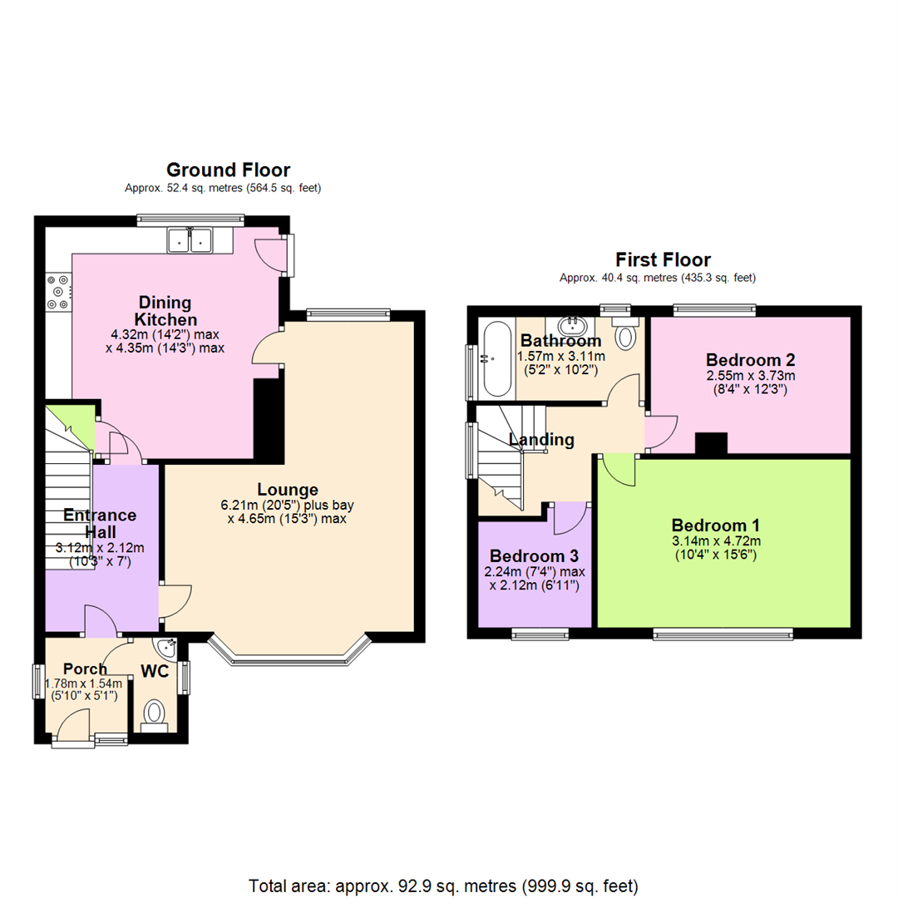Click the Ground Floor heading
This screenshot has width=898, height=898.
[x=229, y=170]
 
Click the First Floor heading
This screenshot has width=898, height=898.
[x=663, y=259]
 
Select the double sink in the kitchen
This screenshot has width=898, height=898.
[x=190, y=240]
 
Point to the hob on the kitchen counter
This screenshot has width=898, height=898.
[x=58, y=292]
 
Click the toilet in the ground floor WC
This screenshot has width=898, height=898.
[x=154, y=713]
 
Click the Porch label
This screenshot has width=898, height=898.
[x=85, y=669]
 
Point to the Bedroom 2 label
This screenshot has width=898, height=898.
[x=750, y=360]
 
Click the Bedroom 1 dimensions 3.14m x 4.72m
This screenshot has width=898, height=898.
[x=715, y=541]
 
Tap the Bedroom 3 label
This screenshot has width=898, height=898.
[x=534, y=556]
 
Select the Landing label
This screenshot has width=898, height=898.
[x=541, y=440]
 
